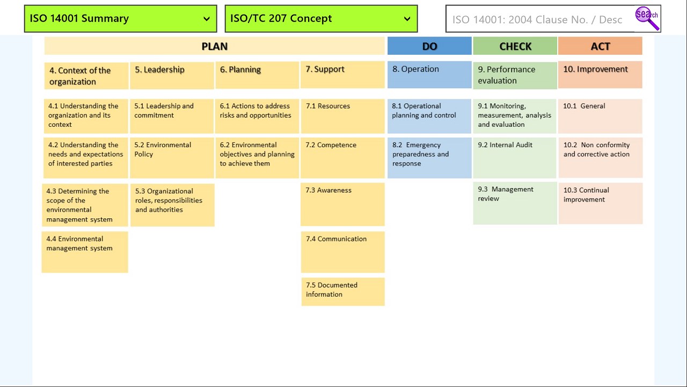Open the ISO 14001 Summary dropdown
120,19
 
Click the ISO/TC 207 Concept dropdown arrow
407,19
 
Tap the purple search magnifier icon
647,18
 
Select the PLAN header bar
215,46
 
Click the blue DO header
429,46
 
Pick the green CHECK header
515,46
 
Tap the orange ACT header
600,46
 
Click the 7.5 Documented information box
343,291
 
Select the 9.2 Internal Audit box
515,157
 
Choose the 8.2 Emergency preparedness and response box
429,157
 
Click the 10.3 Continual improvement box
600,203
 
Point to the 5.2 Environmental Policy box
172,157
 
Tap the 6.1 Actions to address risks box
257,116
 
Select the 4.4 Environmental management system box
85,252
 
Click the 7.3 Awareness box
342,204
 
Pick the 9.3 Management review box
515,203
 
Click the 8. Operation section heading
429,74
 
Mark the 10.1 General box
600,116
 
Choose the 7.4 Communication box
343,252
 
